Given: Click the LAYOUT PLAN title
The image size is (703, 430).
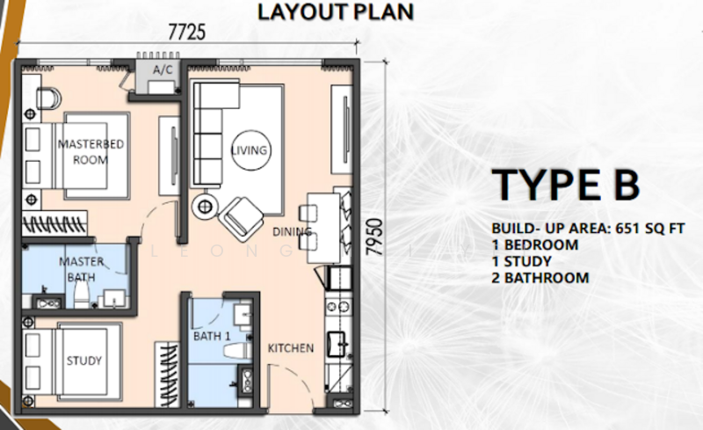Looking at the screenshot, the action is click(336, 11).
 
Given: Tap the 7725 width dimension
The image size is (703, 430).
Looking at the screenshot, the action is click(187, 33).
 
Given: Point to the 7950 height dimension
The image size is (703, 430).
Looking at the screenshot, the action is click(375, 237).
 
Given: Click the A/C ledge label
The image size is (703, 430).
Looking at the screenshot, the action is click(163, 70).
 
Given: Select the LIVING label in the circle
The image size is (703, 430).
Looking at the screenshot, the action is click(250, 150).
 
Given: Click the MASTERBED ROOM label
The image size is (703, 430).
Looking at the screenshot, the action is click(91, 152).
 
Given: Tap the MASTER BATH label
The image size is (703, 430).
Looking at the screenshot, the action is click(81, 269).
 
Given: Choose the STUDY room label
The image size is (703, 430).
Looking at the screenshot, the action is click(84, 361).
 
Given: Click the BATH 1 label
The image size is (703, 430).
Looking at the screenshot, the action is click(212, 336).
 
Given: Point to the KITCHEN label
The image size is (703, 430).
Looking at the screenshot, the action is click(291, 348).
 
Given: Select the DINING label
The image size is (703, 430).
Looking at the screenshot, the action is click(293, 231).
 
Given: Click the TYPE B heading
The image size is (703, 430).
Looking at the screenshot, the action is click(565, 185).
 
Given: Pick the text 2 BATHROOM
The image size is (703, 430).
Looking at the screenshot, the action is click(540, 278).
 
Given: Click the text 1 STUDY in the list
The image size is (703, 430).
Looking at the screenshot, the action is click(521, 261).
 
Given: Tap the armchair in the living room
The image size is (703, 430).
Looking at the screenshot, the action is click(241, 219).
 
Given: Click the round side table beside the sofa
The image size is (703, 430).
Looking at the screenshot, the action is click(205, 207).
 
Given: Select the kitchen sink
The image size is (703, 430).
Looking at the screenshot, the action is click(337, 344).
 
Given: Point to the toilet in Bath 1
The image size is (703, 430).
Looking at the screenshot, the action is click(237, 351).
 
